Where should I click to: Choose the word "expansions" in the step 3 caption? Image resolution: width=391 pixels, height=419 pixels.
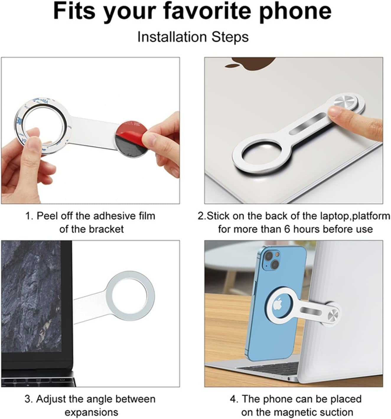pyautogui.click(x=91, y=412)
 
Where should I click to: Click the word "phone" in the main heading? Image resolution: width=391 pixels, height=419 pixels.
pyautogui.click(x=295, y=12)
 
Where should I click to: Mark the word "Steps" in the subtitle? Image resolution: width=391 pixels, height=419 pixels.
pyautogui.click(x=230, y=37)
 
